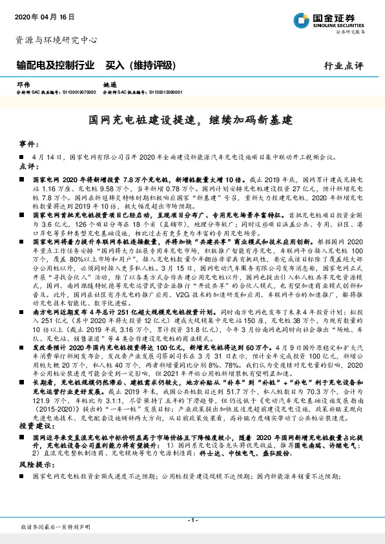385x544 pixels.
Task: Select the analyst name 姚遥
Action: (110, 85)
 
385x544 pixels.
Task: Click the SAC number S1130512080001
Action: (165, 92)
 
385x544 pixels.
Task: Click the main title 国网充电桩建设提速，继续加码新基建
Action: (191, 120)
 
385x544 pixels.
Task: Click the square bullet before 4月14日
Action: (22, 156)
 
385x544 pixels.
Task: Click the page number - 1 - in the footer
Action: (192, 520)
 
